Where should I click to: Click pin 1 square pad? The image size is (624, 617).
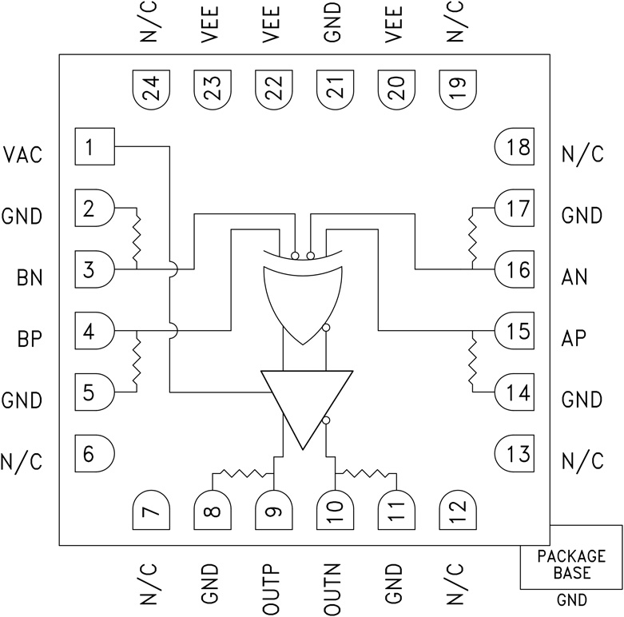pos(94,147)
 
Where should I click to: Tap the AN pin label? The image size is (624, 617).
pos(574,277)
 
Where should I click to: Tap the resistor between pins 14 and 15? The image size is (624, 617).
pos(472,360)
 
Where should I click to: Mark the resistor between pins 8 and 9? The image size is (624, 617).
pos(244,473)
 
